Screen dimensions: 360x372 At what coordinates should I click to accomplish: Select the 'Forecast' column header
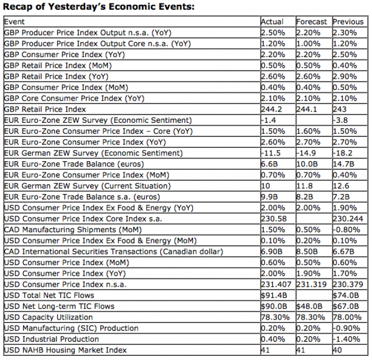312,22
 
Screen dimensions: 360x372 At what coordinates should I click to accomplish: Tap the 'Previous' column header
348,22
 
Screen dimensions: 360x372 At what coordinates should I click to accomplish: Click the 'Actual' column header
272,22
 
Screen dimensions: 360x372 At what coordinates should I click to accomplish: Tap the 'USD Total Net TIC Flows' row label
49,295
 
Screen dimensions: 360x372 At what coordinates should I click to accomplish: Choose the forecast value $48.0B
309,307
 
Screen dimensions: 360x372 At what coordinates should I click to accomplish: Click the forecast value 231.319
311,285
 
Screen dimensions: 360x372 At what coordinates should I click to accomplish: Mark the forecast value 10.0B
307,164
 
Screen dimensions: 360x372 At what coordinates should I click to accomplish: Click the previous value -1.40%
346,339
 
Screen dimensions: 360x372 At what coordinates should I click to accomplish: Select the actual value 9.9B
268,197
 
